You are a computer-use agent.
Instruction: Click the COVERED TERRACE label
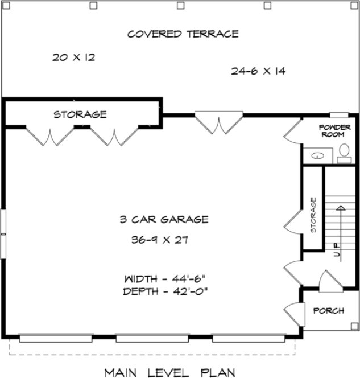[x=183, y=34]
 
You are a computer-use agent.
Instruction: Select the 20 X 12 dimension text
[x=73, y=57]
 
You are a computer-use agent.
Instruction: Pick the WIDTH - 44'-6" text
[x=164, y=280]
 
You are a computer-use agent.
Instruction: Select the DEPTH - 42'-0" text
[x=164, y=291]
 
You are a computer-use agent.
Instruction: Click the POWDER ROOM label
[x=333, y=131]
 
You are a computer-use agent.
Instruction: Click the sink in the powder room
[x=316, y=154]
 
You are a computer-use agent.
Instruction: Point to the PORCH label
[x=328, y=311]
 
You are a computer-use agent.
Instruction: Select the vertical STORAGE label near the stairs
[x=313, y=216]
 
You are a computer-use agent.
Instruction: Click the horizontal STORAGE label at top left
[x=80, y=114]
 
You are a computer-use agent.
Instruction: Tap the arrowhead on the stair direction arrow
[x=340, y=208]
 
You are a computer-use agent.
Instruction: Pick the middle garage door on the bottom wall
[x=152, y=338]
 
